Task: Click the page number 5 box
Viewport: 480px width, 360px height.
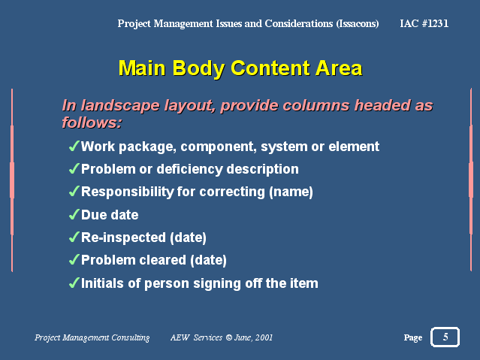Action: click(x=445, y=337)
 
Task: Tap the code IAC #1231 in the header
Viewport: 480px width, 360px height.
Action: click(x=424, y=23)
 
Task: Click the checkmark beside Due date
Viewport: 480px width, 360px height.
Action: click(x=74, y=214)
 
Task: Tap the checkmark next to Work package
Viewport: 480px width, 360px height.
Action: click(x=74, y=146)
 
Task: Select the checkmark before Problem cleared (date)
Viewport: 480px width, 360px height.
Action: click(x=74, y=260)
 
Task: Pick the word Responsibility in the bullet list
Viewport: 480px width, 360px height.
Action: click(x=128, y=192)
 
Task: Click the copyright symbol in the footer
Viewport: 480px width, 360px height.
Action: click(x=228, y=337)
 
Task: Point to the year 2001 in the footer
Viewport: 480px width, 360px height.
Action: click(x=264, y=337)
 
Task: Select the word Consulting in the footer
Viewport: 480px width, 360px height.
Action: click(x=131, y=337)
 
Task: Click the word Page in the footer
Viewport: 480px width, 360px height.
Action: click(x=413, y=337)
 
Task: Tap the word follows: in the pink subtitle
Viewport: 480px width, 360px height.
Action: click(x=92, y=123)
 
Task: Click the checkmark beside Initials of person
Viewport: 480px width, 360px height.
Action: click(x=74, y=283)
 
